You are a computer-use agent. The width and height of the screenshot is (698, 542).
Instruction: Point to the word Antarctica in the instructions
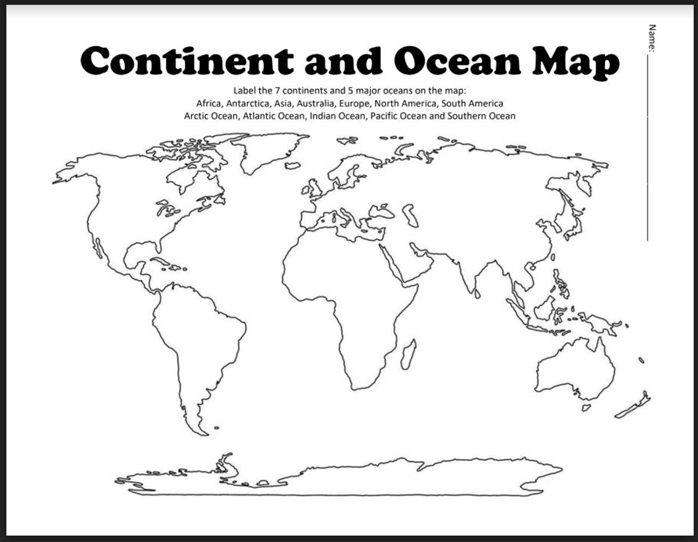(x=248, y=103)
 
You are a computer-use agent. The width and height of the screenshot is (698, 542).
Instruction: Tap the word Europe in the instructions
(x=354, y=103)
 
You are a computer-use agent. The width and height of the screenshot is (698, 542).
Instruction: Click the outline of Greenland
(x=262, y=150)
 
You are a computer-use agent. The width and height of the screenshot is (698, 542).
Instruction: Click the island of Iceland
(x=293, y=165)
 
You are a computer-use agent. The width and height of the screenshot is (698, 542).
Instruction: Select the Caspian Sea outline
(x=410, y=215)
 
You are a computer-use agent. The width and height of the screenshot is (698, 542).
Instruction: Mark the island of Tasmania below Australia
(x=586, y=407)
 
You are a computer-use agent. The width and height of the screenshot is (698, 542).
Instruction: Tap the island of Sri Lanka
(x=477, y=293)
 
